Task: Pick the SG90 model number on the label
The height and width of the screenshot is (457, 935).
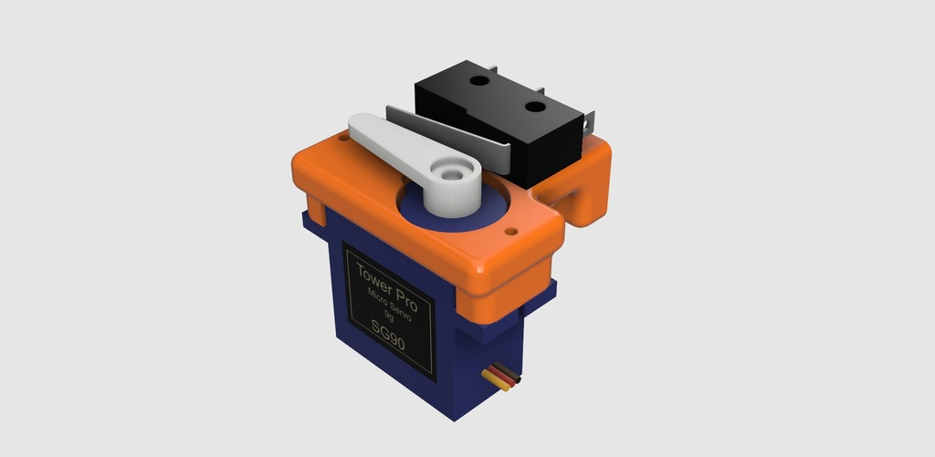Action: point(387,338)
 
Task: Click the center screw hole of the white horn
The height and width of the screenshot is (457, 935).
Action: point(450,171)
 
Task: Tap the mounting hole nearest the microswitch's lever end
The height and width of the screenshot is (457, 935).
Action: point(478,81)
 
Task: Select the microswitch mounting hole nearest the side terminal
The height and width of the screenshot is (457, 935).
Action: point(534,107)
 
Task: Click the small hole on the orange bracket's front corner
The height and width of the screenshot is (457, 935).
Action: point(514,232)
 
